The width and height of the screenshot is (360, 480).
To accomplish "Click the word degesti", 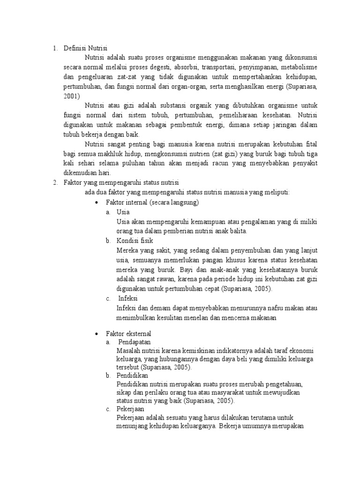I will coord(159,67).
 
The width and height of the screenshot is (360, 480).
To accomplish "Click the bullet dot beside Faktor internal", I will coord(96,202).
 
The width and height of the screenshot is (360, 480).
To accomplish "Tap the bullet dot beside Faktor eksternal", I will coord(96,334).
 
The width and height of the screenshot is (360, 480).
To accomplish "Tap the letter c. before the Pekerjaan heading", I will coord(108,409).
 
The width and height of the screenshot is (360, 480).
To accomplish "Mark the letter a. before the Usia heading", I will coord(108,212).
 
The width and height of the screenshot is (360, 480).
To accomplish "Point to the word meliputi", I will coord(279,192).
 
